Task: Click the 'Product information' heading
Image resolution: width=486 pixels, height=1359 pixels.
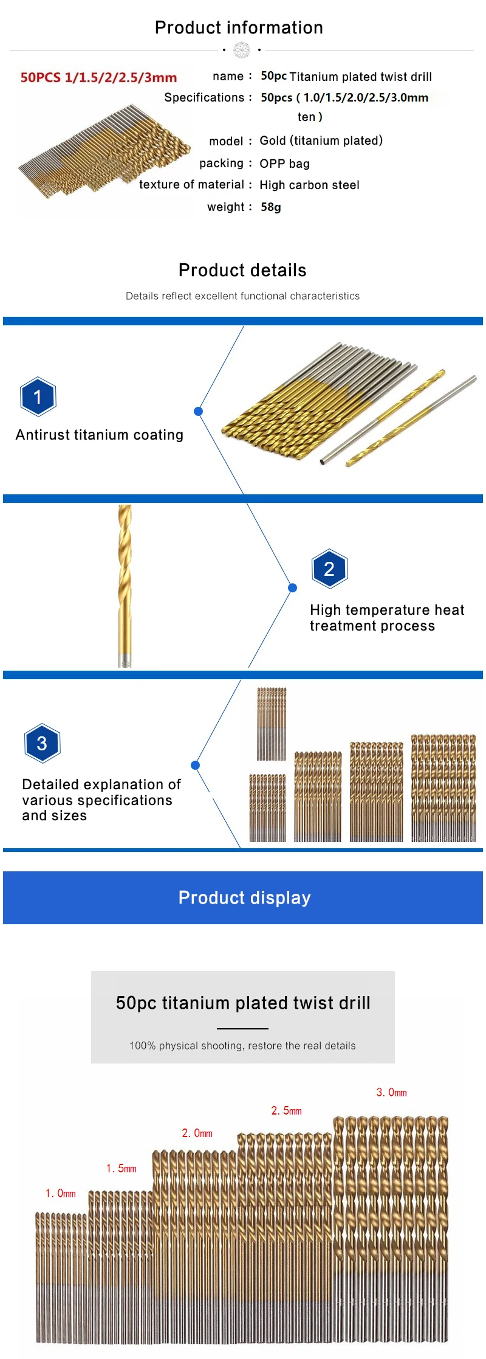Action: click(239, 27)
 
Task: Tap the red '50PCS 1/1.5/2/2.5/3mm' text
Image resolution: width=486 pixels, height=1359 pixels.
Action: click(98, 77)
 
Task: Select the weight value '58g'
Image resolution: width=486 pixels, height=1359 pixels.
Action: click(271, 207)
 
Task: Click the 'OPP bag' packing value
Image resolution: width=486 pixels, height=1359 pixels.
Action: click(284, 164)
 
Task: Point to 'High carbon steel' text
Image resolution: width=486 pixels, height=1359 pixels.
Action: click(309, 185)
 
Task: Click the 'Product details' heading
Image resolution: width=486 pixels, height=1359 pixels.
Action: click(242, 270)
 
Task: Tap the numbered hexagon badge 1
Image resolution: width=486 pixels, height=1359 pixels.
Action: click(38, 396)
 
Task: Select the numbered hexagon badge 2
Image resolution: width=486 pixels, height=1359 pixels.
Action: click(329, 569)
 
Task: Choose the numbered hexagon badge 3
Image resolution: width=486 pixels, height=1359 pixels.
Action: click(42, 743)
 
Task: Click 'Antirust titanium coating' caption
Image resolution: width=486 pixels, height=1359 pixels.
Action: click(100, 435)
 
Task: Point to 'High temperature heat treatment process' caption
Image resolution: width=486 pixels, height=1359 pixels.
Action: click(386, 618)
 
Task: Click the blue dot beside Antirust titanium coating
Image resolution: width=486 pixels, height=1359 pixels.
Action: click(198, 412)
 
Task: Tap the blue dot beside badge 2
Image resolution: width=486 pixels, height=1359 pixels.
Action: click(293, 587)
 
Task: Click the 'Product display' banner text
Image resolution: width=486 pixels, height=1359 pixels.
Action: click(244, 897)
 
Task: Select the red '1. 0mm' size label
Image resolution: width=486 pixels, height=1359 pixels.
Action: click(61, 1194)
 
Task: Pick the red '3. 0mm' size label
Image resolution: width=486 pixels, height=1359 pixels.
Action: click(391, 1092)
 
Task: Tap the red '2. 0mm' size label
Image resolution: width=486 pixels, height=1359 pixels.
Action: click(197, 1133)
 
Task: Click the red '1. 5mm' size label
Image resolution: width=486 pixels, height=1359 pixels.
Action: click(122, 1168)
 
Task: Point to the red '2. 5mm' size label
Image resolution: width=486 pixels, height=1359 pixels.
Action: click(286, 1110)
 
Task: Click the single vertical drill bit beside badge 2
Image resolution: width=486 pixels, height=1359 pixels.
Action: click(125, 585)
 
